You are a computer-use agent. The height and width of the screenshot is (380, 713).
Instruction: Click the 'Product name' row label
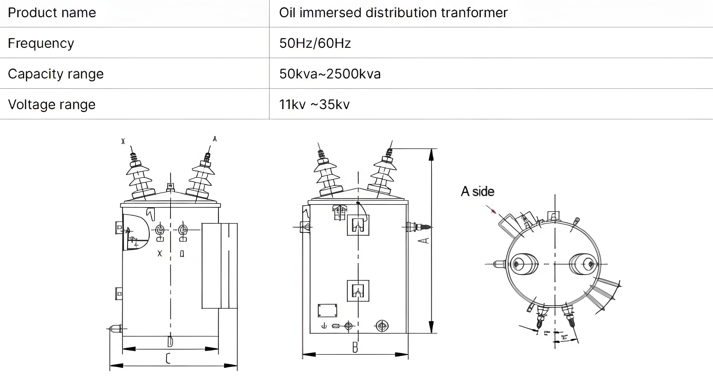[52, 13]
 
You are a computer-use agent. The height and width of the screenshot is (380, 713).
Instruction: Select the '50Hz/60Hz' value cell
[315, 43]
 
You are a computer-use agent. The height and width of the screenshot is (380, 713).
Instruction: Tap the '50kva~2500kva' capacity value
[330, 74]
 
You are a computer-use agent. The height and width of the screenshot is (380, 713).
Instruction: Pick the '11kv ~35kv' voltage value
[314, 105]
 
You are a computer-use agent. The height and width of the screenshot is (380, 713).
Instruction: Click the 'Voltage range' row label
[51, 105]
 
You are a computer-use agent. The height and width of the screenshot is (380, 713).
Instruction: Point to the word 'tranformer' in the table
[474, 13]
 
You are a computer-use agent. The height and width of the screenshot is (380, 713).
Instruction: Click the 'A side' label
[478, 191]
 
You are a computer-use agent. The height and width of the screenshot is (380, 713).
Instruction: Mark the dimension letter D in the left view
[170, 342]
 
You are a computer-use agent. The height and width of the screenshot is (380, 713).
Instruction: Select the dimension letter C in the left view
[168, 359]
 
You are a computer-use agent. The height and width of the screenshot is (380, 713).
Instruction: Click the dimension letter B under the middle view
[355, 347]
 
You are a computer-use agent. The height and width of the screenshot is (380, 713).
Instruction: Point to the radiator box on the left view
[219, 266]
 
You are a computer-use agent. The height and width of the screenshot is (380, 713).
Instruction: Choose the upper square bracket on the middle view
[358, 225]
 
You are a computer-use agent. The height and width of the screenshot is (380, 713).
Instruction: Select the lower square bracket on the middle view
[358, 291]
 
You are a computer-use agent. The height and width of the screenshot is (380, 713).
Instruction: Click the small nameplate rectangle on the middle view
[327, 310]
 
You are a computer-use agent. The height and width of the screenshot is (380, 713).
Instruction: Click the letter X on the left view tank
[160, 253]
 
